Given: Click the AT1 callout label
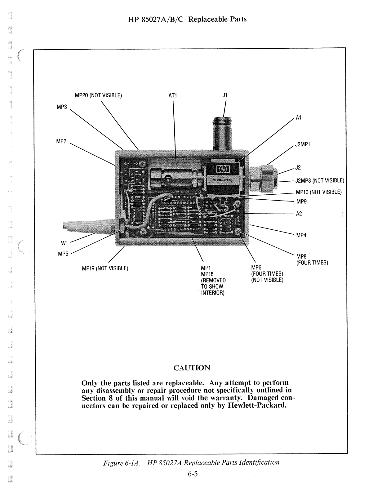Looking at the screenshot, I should (x=172, y=95).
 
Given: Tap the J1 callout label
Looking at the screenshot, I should (x=225, y=95).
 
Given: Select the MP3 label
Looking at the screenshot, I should (x=61, y=107).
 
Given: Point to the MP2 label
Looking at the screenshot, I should (x=61, y=141).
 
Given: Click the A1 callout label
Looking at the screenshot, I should (x=298, y=118).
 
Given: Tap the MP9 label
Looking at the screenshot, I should (x=301, y=201).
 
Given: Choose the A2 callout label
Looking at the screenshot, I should (x=299, y=214).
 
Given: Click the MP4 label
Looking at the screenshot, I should (x=301, y=235).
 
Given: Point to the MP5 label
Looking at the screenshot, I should (x=63, y=254).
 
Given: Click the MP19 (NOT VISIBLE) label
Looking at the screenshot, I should (x=105, y=268).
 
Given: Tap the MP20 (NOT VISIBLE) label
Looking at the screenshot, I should (x=98, y=95).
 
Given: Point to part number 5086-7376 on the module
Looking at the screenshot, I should (x=224, y=180).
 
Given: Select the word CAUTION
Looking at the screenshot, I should (x=192, y=368).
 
